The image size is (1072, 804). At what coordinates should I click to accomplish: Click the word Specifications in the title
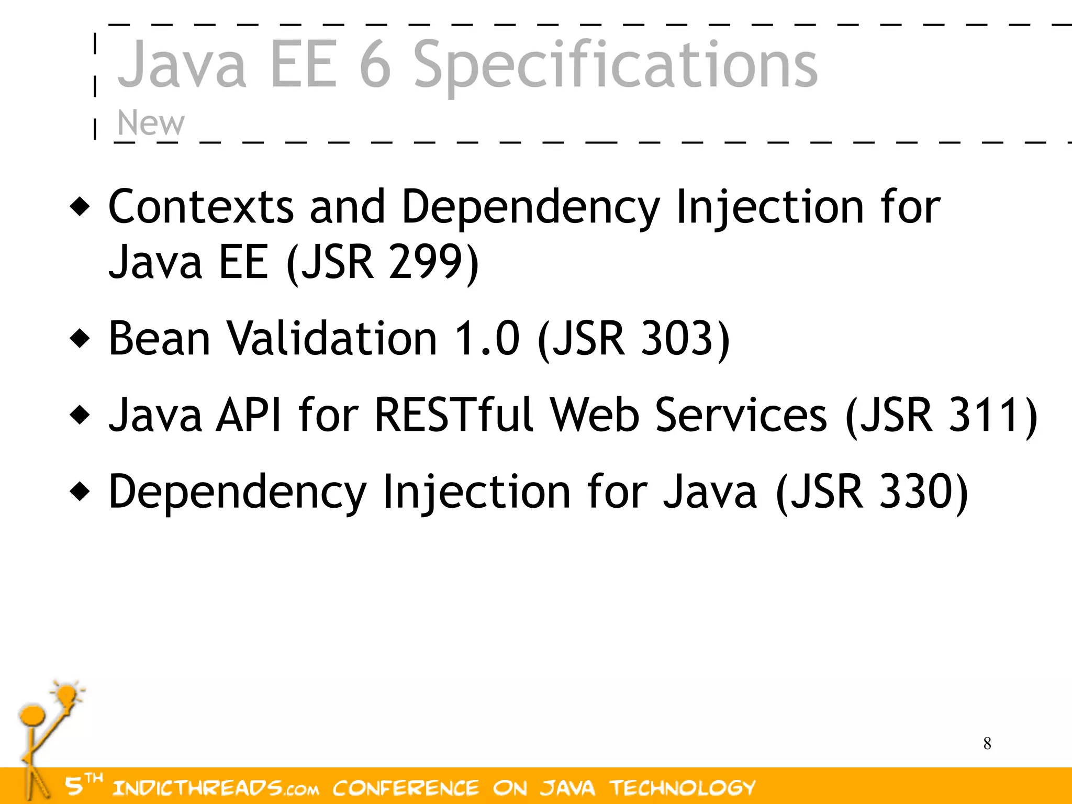click(615, 65)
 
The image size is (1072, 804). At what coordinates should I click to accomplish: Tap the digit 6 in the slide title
click(375, 65)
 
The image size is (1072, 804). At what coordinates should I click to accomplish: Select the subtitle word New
click(151, 123)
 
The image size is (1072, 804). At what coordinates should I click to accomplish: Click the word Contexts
click(201, 207)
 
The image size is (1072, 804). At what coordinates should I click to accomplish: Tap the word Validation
click(332, 338)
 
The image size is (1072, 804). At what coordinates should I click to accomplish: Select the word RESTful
click(454, 415)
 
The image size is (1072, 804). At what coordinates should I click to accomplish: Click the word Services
click(741, 415)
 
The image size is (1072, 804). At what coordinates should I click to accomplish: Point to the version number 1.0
click(487, 338)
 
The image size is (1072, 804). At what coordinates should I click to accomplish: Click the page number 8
click(987, 743)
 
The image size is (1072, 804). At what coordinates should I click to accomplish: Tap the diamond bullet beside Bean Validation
click(80, 338)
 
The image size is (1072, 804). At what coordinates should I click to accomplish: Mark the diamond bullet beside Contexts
click(80, 207)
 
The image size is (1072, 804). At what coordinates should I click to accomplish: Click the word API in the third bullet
click(249, 415)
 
